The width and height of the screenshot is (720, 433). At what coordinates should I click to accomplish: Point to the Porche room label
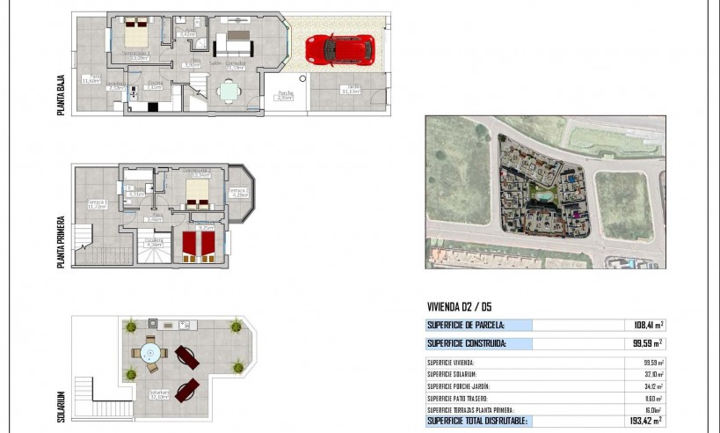285,95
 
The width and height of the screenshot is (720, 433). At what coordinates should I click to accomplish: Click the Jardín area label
350,89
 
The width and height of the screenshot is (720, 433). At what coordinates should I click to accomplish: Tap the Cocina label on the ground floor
154,85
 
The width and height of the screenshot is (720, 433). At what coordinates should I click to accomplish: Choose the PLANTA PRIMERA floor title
61,241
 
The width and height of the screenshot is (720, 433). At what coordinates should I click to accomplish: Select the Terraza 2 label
239,192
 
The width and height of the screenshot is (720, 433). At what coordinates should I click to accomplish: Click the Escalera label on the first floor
154,242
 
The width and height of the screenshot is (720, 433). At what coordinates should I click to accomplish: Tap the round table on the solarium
150,353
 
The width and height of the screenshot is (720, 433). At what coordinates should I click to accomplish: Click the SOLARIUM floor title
61,407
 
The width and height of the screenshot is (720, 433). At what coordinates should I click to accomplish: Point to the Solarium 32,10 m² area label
159,394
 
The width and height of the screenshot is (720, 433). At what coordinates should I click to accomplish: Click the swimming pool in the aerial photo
542,194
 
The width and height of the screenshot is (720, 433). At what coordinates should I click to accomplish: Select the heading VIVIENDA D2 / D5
459,306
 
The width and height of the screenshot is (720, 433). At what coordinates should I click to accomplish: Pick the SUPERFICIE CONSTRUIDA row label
466,343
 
